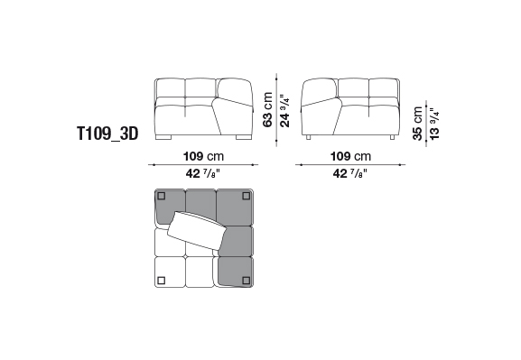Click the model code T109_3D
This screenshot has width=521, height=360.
coord(107,134)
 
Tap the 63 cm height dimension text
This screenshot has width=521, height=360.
coord(267,109)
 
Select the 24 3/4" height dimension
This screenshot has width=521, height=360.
coord(285,111)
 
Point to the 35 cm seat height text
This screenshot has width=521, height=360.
coord(418,124)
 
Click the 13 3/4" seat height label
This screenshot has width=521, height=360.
coord(434,124)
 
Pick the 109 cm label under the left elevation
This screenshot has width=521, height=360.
coord(204,156)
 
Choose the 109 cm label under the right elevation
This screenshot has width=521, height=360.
coord(350,156)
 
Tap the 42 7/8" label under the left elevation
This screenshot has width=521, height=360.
coord(203,173)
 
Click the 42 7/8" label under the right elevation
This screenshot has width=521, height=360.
coord(350,173)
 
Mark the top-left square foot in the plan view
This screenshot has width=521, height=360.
coord(162,196)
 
